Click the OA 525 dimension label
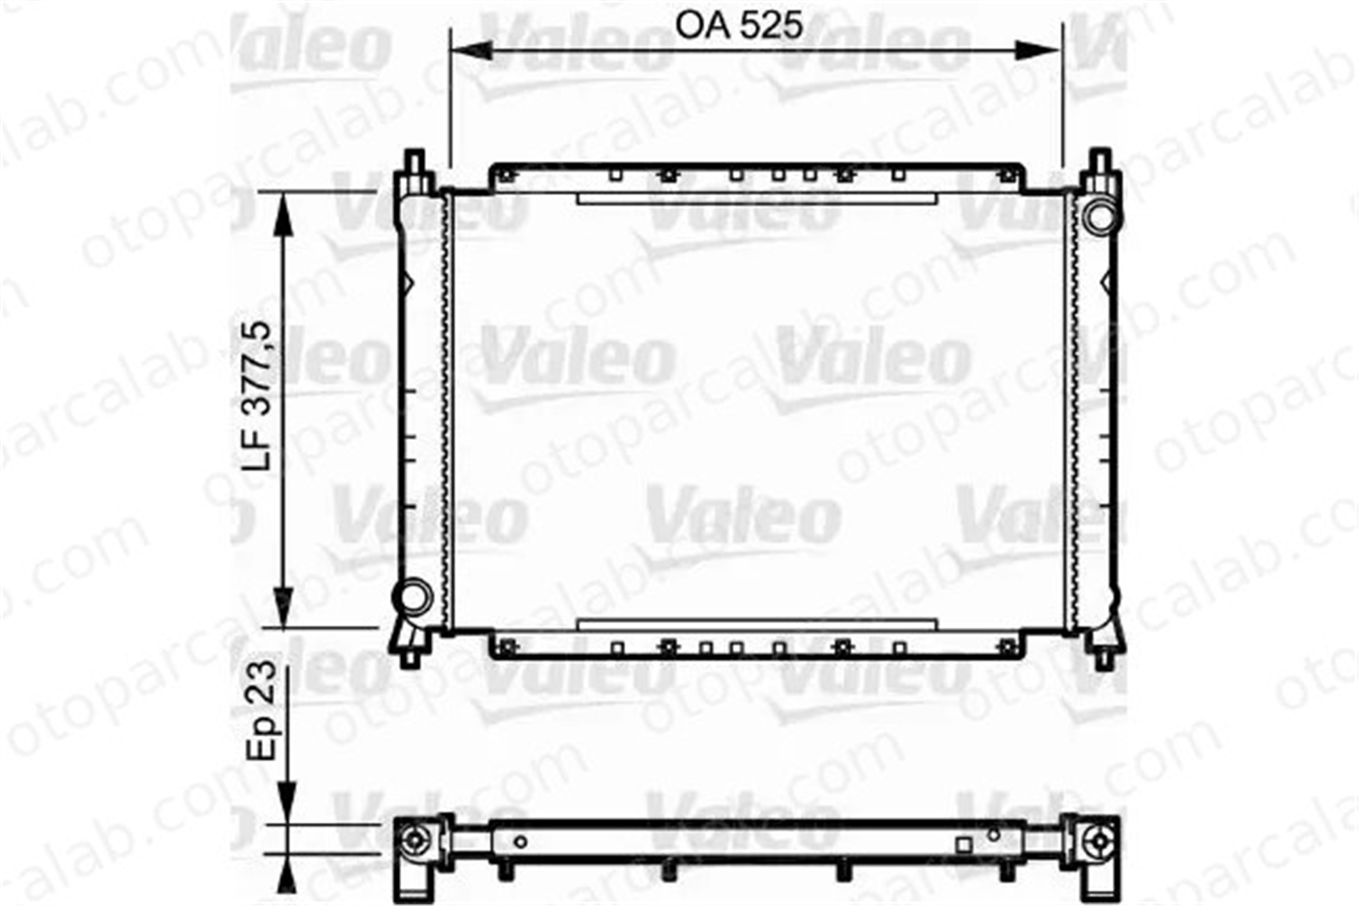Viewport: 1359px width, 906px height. [739, 26]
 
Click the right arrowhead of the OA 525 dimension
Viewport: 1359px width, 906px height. [1039, 50]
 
